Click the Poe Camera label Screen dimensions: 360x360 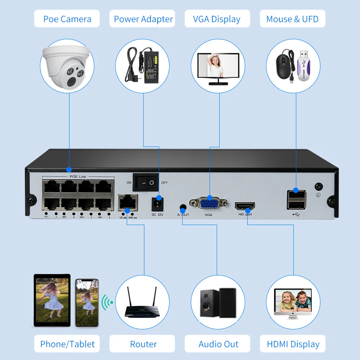(67, 19)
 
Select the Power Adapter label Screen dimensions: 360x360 (143, 19)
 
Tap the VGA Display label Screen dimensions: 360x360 (217, 19)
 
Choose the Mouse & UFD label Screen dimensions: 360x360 (292, 19)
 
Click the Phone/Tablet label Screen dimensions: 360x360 (67, 344)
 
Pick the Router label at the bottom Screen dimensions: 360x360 (143, 344)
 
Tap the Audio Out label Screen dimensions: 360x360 (218, 344)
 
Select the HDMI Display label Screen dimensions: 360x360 (293, 344)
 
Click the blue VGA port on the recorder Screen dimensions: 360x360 (209, 203)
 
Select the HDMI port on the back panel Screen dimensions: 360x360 (245, 206)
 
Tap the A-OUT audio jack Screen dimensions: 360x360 (183, 208)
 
